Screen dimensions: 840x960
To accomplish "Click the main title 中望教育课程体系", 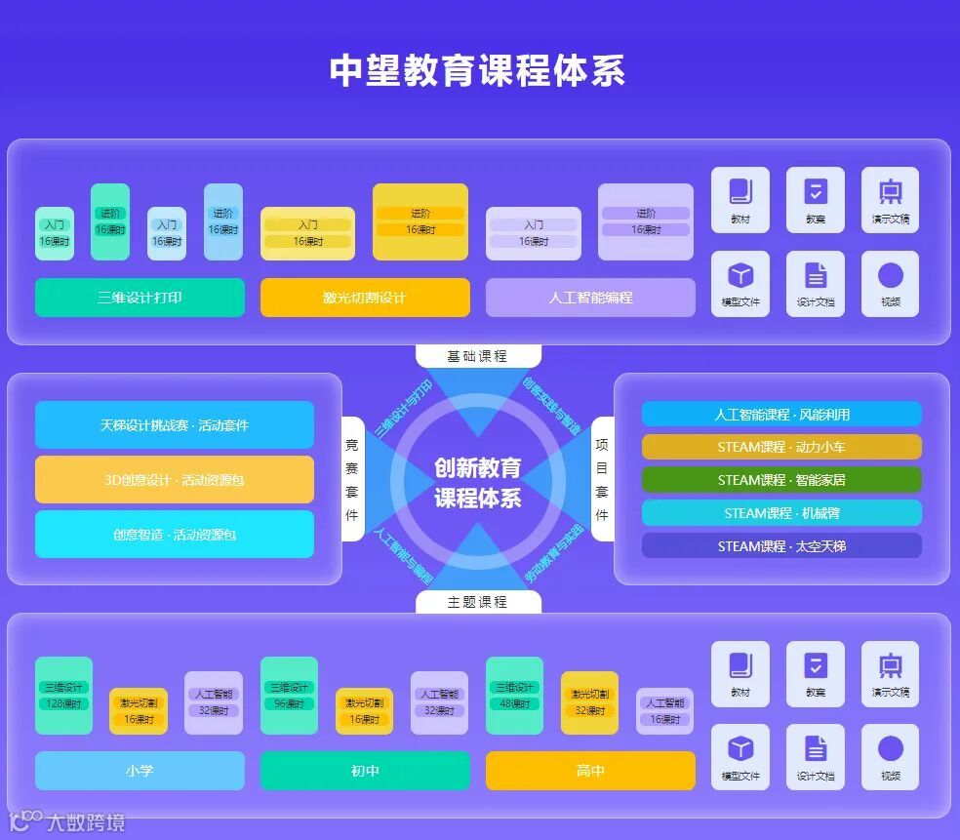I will [477, 70].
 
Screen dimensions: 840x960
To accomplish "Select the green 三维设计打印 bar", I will [140, 298].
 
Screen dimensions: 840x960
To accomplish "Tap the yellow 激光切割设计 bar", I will [365, 298].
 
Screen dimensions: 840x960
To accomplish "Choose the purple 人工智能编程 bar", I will [590, 298].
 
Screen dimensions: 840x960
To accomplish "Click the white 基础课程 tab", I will [477, 356].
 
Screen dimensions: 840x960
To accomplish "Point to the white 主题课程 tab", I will [477, 602].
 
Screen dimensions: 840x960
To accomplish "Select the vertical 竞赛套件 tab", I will [352, 479].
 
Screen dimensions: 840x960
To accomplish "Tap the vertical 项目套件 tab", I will [602, 479].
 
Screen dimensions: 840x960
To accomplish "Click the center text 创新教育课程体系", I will [477, 483].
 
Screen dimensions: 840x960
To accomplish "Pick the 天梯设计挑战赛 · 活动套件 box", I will [175, 425].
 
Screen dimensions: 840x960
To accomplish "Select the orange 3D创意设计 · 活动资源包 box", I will [175, 480].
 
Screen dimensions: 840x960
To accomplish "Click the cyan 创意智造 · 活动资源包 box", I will [175, 535].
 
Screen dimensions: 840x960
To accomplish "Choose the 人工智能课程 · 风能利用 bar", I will [781, 415].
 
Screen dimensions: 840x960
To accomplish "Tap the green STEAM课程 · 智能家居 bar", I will [781, 480].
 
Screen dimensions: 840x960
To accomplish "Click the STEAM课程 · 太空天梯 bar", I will [781, 546].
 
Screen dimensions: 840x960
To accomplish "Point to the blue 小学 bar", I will [140, 771].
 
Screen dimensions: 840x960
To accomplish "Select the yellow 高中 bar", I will [590, 771].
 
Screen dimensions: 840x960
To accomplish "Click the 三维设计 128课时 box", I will [64, 696].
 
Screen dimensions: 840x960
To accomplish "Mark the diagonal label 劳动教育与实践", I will [553, 555].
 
